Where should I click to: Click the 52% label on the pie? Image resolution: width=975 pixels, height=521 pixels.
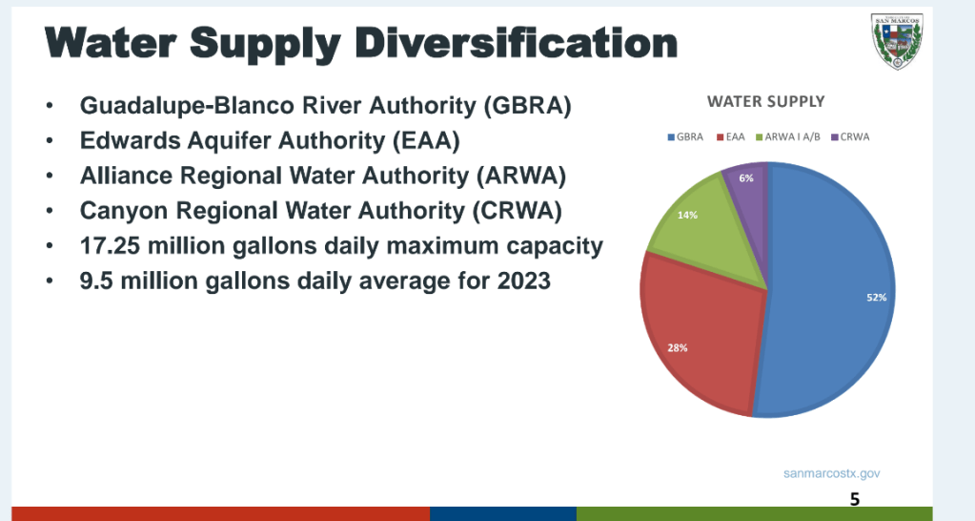pyautogui.click(x=876, y=298)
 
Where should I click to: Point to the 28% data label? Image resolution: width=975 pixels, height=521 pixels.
pyautogui.click(x=678, y=348)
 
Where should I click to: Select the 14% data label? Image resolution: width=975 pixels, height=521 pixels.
pyautogui.click(x=687, y=215)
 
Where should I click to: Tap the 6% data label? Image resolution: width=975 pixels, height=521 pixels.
pyautogui.click(x=746, y=178)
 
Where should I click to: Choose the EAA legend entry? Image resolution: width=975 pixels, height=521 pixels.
pyautogui.click(x=731, y=137)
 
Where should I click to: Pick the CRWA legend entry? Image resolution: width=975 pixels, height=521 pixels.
pyautogui.click(x=850, y=137)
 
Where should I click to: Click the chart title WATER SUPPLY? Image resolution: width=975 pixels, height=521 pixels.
pyautogui.click(x=765, y=101)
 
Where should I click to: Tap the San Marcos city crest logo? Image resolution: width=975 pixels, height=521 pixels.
pyautogui.click(x=896, y=42)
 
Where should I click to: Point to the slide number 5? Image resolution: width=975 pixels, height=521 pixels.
pyautogui.click(x=854, y=498)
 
